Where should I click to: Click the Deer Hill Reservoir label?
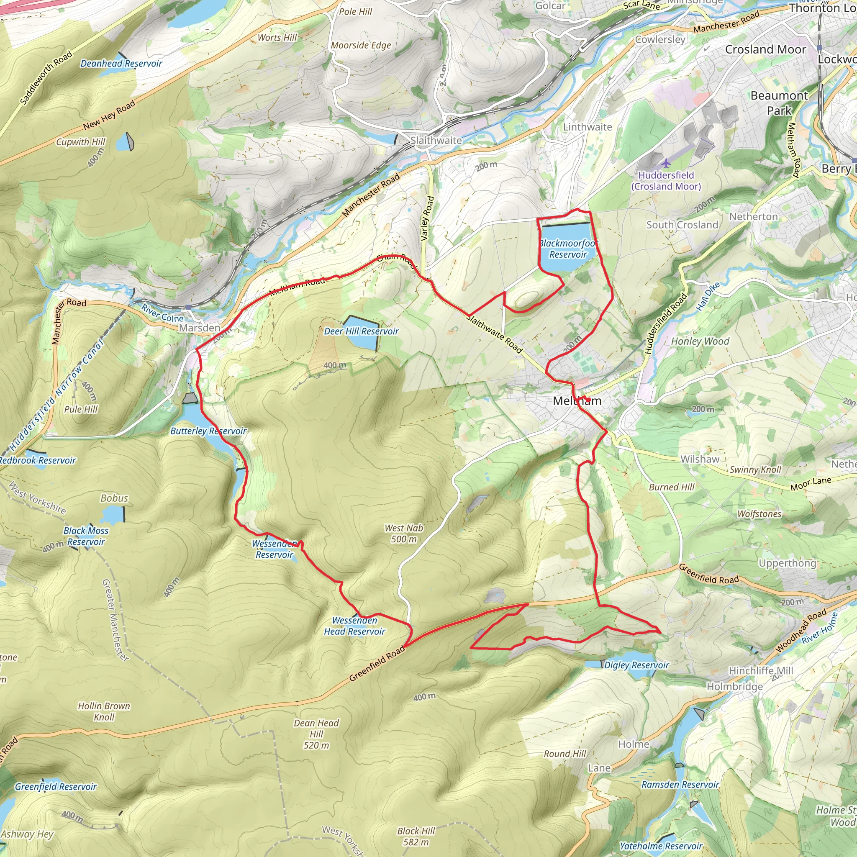point(361,331)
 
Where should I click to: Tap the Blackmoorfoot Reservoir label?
point(568,249)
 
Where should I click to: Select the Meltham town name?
point(577,401)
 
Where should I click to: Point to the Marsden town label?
point(200,328)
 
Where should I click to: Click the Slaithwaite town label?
point(436,141)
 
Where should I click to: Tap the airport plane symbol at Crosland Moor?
point(666,164)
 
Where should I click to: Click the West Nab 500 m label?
point(404,534)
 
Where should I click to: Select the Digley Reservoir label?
point(636,665)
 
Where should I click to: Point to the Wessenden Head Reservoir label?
point(354,626)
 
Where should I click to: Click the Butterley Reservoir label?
point(208,431)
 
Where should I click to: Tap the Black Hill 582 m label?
point(416,836)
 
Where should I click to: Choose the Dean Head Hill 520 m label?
point(316,734)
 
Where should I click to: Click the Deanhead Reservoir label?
point(121,64)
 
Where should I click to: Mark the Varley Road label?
point(427,218)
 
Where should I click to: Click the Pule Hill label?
point(81,409)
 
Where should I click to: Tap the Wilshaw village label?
point(700,459)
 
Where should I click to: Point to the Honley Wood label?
point(700,341)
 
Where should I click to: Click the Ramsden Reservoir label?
point(680,785)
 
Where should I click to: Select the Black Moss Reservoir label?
point(86,536)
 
